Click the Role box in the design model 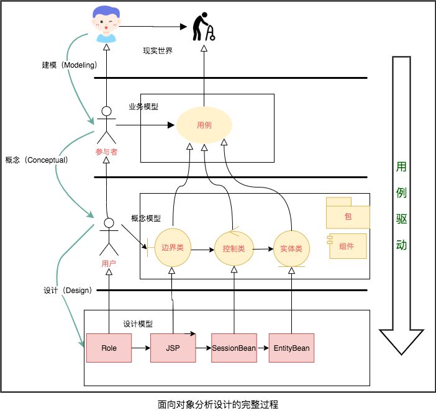[109, 348]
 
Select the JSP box [173, 348]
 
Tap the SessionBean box [234, 348]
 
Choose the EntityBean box [291, 348]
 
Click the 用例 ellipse [204, 125]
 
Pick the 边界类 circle [172, 248]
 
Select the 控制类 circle [234, 249]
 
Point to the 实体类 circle [291, 248]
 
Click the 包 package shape [348, 216]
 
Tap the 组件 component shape [347, 246]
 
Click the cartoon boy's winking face [106, 24]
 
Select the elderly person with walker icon [204, 27]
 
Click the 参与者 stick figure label [107, 151]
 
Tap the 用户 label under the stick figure [109, 263]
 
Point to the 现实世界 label [157, 51]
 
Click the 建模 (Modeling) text [65, 65]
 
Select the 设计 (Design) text [68, 291]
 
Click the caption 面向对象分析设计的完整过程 [217, 404]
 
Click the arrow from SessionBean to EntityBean [263, 348]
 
